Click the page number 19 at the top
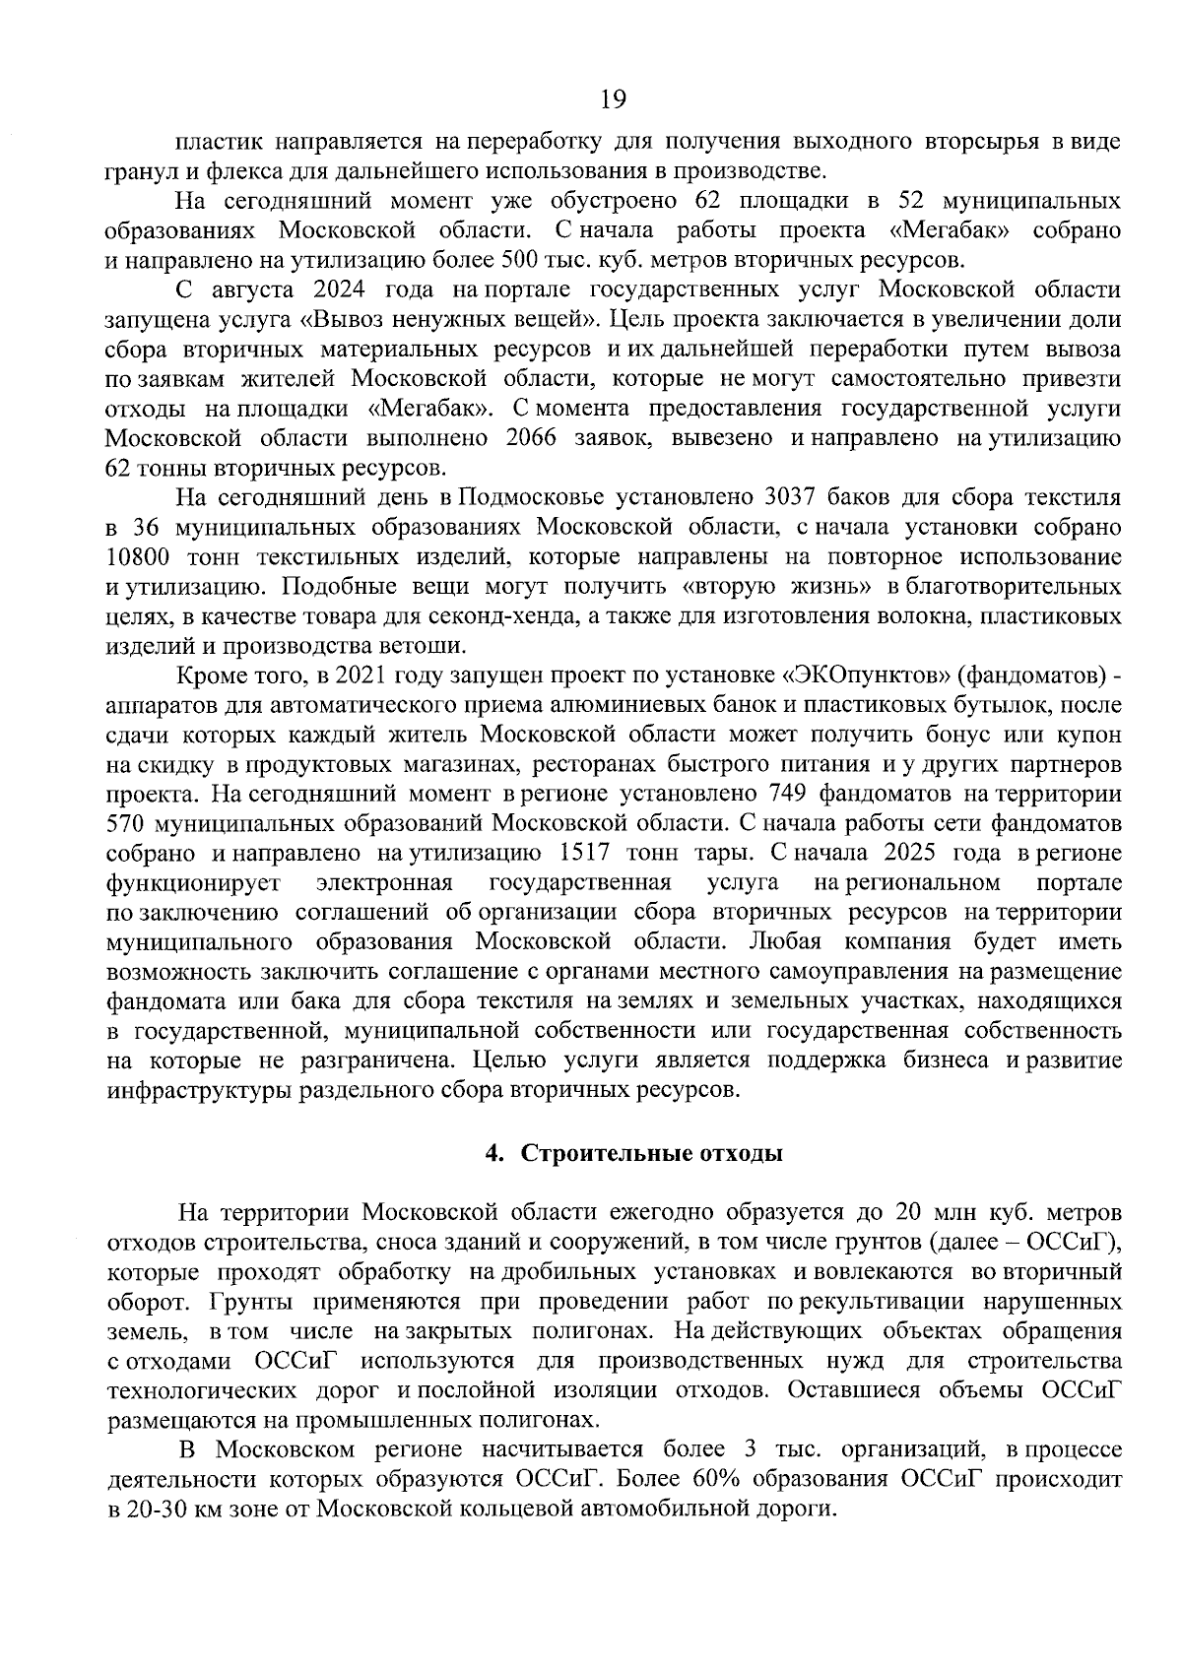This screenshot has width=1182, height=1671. point(613,98)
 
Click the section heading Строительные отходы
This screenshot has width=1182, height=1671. point(651,1154)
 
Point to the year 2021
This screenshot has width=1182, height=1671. point(364,676)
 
